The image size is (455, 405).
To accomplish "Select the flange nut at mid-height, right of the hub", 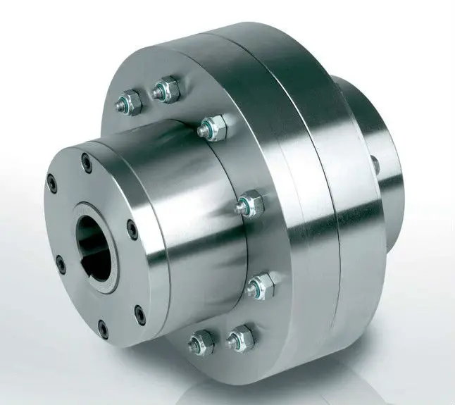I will (x=247, y=204).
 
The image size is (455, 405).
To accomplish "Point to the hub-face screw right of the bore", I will (x=132, y=225).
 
